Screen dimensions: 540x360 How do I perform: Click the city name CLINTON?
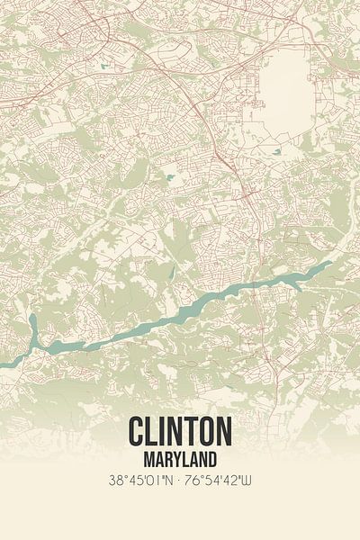(x=180, y=431)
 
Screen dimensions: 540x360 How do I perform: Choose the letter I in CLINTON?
(x=166, y=431)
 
